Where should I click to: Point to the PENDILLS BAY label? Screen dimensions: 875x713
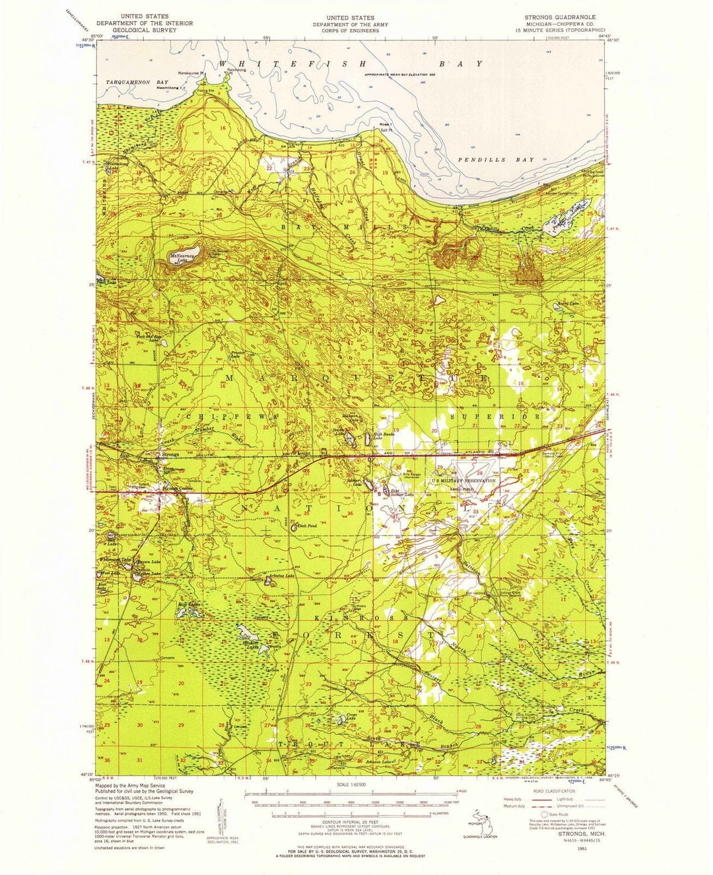[x=496, y=160]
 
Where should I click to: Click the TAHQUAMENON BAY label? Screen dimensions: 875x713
[x=133, y=81]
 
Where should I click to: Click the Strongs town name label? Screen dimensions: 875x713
[x=170, y=454]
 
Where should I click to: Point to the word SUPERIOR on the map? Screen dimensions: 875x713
[x=494, y=417]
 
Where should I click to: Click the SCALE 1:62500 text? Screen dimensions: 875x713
[x=355, y=784]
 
